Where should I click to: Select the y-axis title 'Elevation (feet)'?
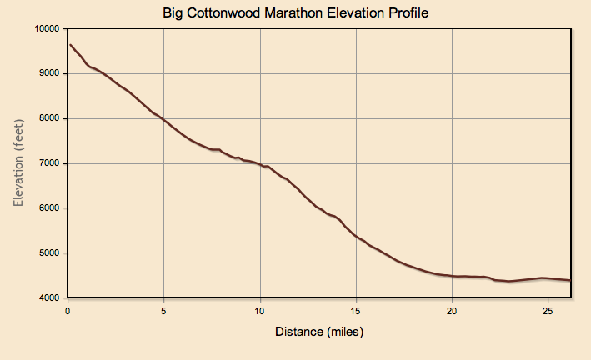pyautogui.click(x=18, y=162)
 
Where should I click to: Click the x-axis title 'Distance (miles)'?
pyautogui.click(x=319, y=332)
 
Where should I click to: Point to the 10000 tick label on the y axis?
pyautogui.click(x=44, y=28)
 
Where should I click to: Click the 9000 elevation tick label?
pyautogui.click(x=47, y=73)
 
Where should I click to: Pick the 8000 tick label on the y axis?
pyautogui.click(x=47, y=118)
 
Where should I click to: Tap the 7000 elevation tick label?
pyautogui.click(x=47, y=163)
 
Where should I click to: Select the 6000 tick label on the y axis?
pyautogui.click(x=47, y=208)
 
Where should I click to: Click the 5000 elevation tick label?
pyautogui.click(x=47, y=253)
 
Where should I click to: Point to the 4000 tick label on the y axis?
pyautogui.click(x=47, y=298)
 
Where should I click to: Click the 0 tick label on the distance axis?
pyautogui.click(x=68, y=311)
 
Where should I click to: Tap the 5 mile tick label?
pyautogui.click(x=163, y=311)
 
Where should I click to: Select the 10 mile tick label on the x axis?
pyautogui.click(x=260, y=311)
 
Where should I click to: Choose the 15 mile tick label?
pyautogui.click(x=356, y=311)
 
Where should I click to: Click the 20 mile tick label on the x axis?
pyautogui.click(x=452, y=311)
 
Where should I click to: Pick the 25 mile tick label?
pyautogui.click(x=548, y=311)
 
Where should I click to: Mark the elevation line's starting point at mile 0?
pyautogui.click(x=70, y=45)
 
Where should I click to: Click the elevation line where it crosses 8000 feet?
pyautogui.click(x=163, y=119)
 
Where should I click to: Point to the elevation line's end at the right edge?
pyautogui.click(x=570, y=281)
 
